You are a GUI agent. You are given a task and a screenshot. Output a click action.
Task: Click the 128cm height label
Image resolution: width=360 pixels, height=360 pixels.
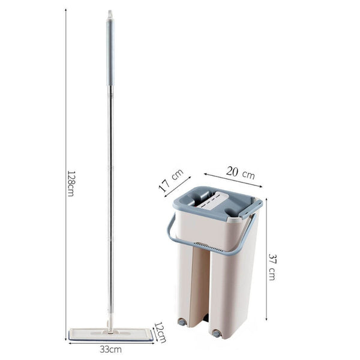click(x=70, y=182)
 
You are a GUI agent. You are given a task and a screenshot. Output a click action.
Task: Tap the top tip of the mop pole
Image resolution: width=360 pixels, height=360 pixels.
click(x=109, y=12)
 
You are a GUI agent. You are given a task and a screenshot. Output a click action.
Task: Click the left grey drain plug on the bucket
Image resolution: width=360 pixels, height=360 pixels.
click(x=181, y=322)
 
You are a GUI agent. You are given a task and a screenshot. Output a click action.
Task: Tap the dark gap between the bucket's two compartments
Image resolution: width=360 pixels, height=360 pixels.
click(x=205, y=288)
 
